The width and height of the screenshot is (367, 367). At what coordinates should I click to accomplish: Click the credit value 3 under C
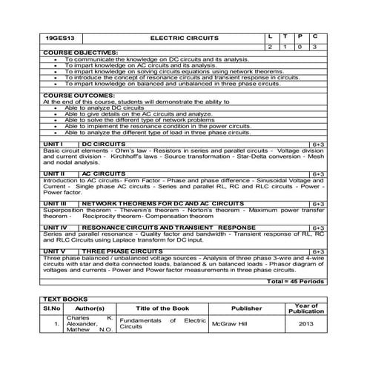(x=315, y=47)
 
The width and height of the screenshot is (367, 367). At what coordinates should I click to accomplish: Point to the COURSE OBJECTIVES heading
(x=80, y=53)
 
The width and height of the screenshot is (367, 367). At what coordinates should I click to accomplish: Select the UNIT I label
(x=51, y=142)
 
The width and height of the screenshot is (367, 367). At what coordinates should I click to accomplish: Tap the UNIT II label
(x=53, y=173)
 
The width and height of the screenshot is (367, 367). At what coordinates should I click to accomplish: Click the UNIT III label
(x=54, y=202)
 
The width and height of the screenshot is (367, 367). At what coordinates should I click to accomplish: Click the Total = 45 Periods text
(x=294, y=282)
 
